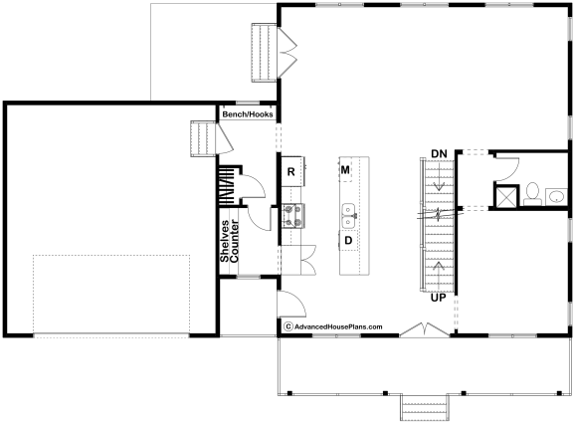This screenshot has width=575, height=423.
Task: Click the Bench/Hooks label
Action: (248, 114)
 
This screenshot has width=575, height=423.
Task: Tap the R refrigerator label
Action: (290, 172)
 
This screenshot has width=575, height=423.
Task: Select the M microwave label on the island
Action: (345, 170)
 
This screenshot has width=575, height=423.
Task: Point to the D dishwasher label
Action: (348, 241)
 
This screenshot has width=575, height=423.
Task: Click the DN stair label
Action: (439, 154)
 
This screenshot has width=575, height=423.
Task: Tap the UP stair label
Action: (439, 298)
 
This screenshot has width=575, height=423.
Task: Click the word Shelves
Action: (225, 241)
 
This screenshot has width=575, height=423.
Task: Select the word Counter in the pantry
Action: (234, 241)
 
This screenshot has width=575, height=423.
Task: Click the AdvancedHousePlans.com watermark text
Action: (338, 326)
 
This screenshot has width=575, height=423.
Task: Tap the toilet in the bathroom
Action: (532, 194)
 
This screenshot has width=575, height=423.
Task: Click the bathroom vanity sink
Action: (556, 197)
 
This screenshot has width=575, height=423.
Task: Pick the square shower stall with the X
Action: (506, 197)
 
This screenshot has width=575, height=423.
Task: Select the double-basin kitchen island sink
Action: (349, 216)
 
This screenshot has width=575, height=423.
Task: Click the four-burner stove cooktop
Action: (293, 216)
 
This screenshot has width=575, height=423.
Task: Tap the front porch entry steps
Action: (425, 408)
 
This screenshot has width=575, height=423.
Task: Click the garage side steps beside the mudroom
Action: (203, 138)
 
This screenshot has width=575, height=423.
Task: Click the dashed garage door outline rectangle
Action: (111, 295)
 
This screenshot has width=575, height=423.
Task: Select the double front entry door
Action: (425, 329)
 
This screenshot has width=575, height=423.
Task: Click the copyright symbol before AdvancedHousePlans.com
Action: (288, 326)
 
